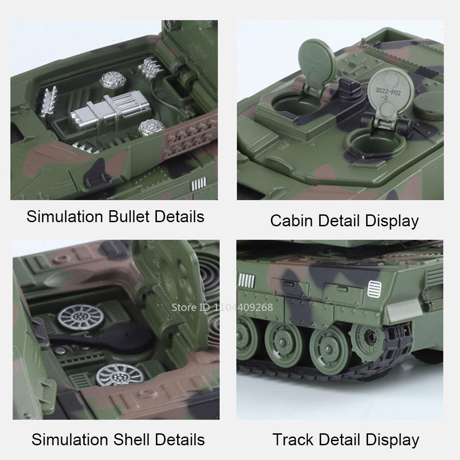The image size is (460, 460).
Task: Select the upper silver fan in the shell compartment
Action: (x=75, y=317)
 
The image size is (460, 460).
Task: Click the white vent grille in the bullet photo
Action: (x=196, y=185)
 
